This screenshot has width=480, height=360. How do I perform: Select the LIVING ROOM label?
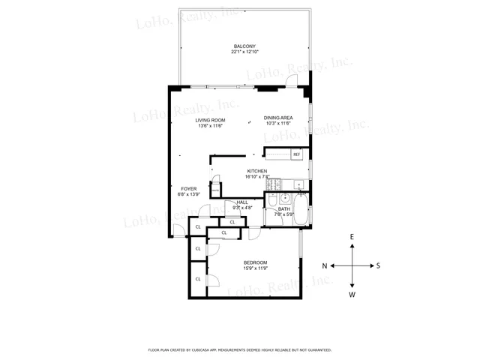211,121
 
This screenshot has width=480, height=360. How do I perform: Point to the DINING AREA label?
277,118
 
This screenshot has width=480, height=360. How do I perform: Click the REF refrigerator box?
296,154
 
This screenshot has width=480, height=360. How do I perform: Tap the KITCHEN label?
257,172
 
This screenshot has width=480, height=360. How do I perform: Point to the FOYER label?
187,188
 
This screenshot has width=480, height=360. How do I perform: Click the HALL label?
243,202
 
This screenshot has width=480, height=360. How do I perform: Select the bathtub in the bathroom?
301,212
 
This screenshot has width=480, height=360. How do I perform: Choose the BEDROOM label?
256,262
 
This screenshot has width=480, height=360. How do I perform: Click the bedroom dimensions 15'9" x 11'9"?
256,268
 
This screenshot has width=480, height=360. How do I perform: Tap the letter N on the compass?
325,265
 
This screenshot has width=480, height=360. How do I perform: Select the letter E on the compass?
352,237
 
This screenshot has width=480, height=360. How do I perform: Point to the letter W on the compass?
352,295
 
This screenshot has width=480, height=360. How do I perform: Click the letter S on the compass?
379,265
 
